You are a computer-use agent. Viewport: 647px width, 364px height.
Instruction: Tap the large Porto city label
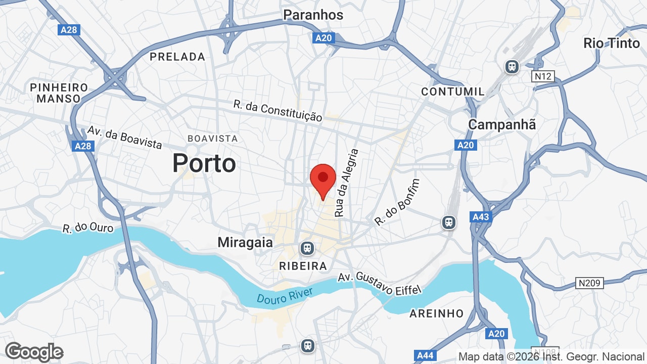tap(204, 163)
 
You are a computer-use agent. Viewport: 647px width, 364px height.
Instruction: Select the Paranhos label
tap(313, 15)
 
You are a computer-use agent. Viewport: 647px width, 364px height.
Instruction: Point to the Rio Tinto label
tap(612, 43)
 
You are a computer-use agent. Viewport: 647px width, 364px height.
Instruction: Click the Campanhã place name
tap(502, 124)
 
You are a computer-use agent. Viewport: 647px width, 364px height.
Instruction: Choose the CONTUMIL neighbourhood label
tap(453, 92)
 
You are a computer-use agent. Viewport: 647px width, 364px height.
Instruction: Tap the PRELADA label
tap(177, 57)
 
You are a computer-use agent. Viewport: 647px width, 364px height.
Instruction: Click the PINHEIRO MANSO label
tap(59, 93)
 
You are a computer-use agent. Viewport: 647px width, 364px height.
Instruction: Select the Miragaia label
tap(245, 242)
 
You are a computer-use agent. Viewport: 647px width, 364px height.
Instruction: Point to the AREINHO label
tap(436, 313)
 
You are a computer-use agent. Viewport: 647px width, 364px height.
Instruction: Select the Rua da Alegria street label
tap(347, 183)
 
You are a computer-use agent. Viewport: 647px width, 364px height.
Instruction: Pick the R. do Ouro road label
tap(88, 228)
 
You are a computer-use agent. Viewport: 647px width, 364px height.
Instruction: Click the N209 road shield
tap(589, 283)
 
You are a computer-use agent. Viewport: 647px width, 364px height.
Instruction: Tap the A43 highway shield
tap(480, 217)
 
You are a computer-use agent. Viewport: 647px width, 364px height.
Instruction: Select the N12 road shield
tap(543, 76)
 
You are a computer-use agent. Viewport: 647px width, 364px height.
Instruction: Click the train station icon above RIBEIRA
tap(306, 248)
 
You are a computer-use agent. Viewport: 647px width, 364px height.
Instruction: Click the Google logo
tap(34, 352)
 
